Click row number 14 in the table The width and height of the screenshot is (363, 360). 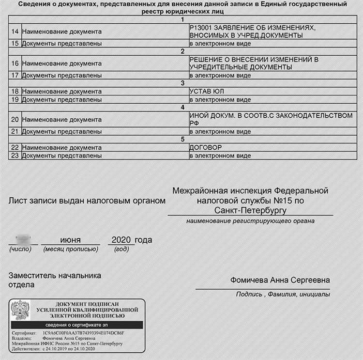(x=15, y=31)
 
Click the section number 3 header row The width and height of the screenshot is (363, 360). (x=182, y=83)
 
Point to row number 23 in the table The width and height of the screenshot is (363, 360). (x=15, y=156)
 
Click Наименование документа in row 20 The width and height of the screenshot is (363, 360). (x=61, y=119)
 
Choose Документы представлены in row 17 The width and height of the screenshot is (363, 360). (x=61, y=75)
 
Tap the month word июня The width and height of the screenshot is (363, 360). (x=70, y=240)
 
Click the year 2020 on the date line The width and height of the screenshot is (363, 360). (x=121, y=240)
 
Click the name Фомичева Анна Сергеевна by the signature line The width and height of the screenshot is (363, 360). (x=280, y=281)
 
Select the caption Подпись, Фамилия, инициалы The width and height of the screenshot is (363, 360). (x=283, y=294)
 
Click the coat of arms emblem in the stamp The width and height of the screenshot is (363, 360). (x=20, y=311)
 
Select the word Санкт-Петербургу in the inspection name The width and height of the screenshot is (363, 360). (x=250, y=210)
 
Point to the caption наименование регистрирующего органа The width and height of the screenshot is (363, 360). (x=250, y=221)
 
